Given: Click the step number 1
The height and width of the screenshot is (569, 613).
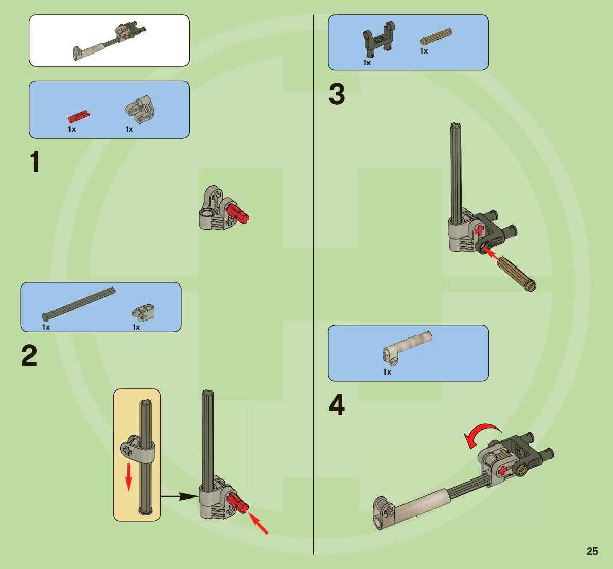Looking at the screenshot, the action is point(34,163).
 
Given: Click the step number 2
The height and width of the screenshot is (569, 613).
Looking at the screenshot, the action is point(29,356).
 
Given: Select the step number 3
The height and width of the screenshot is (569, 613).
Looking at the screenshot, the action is point(337,95).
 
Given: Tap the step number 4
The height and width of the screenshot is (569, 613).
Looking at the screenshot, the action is point(337,405).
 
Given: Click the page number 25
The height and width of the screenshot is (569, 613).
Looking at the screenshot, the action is point(592,551).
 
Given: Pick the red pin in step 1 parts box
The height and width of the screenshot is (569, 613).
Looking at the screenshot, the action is point(79,116).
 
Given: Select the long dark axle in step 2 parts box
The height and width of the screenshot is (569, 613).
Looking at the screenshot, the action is point(79,303).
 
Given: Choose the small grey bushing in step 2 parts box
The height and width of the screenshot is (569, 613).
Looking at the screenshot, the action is point(144,311).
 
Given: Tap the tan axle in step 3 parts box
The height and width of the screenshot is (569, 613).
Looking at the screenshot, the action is point(435,37).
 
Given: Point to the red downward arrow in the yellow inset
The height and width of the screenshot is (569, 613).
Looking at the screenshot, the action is point(129,476).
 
